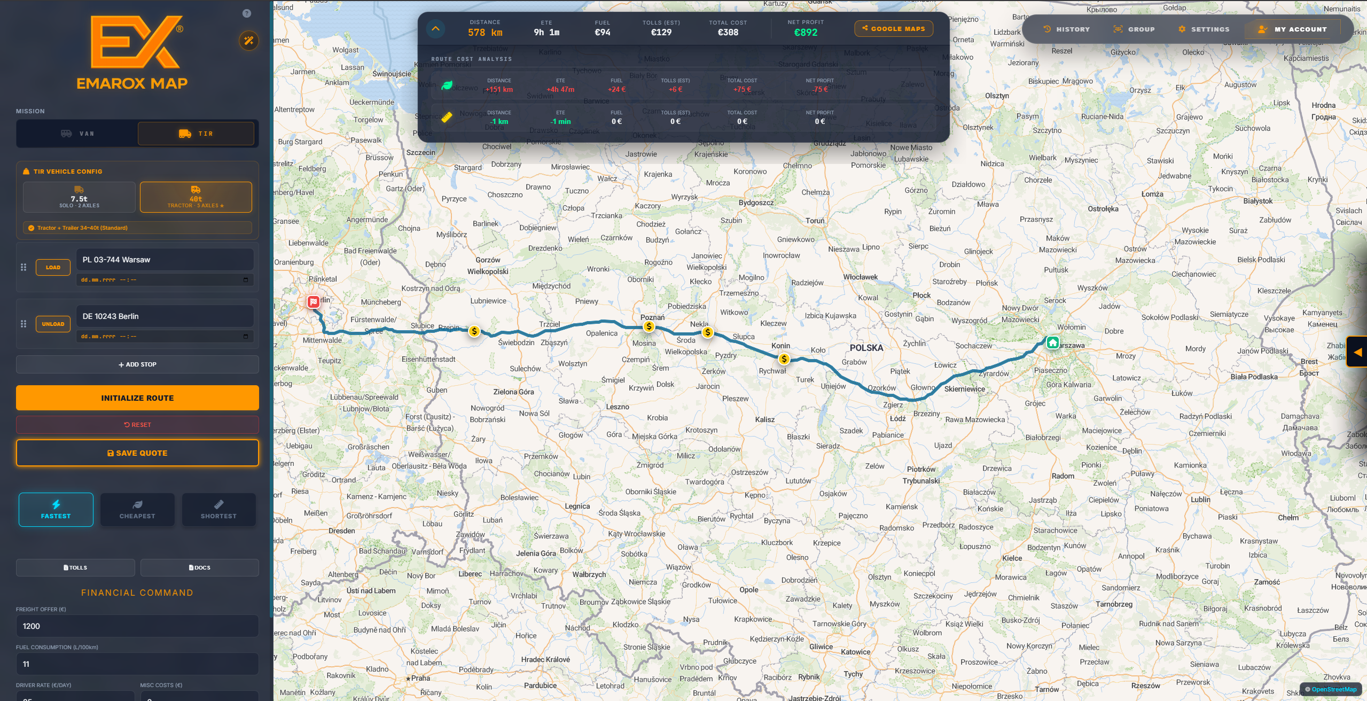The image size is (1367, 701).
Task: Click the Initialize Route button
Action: click(x=137, y=398)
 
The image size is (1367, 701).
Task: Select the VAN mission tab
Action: click(x=77, y=134)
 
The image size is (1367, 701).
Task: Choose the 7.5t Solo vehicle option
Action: click(x=79, y=198)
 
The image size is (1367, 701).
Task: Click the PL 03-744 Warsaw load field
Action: click(x=165, y=260)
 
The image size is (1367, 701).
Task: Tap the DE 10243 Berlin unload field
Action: click(x=165, y=316)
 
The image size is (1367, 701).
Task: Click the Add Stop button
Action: click(x=137, y=364)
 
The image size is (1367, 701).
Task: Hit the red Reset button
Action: click(x=137, y=425)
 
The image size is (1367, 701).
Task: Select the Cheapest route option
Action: click(x=137, y=510)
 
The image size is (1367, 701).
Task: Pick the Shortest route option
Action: click(x=218, y=510)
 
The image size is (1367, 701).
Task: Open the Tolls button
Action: click(x=75, y=567)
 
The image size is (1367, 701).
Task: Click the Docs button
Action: click(x=200, y=567)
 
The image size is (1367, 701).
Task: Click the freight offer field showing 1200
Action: click(x=137, y=626)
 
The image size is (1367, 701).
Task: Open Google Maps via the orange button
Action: click(x=894, y=29)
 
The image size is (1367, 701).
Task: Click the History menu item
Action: click(x=1067, y=29)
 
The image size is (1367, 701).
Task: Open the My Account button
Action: click(x=1293, y=29)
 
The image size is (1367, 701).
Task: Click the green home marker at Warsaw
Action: click(x=1052, y=342)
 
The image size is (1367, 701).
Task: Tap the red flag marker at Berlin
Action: click(x=314, y=302)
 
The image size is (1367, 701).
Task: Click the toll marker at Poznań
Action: click(x=649, y=326)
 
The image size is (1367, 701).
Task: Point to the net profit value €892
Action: click(x=806, y=33)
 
